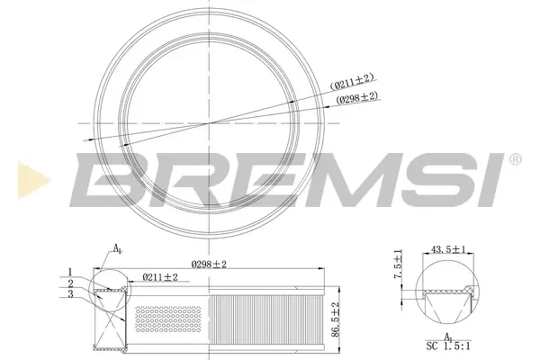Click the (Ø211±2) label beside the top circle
click(352, 82)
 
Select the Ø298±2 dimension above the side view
click(209, 265)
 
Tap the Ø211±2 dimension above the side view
click(160, 277)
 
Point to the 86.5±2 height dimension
click(336, 319)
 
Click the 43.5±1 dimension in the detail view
click(448, 249)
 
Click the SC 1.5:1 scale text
click(448, 346)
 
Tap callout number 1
click(70, 272)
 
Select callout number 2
click(70, 283)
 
